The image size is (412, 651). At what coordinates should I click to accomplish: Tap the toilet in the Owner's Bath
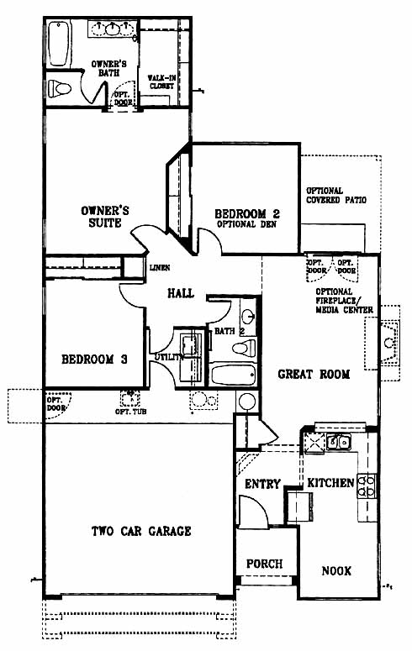pos(60,88)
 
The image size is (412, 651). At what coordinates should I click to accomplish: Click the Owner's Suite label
pos(105,217)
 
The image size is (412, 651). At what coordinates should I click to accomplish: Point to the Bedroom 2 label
pos(247,214)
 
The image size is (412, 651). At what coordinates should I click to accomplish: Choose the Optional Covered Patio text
pos(336,196)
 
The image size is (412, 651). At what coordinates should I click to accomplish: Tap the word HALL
pos(181,293)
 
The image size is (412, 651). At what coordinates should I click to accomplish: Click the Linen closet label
pos(160,268)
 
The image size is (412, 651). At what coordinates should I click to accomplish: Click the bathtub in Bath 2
pos(233,374)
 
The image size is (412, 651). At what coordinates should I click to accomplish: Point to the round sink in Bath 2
pos(248,318)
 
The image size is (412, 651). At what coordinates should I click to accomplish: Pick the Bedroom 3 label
pos(94,360)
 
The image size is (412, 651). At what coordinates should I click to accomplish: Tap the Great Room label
pos(314,374)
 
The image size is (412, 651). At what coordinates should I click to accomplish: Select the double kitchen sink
pos(339,442)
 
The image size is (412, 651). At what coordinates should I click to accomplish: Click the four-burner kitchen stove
pos(367,486)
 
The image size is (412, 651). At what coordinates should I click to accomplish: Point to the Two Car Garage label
pos(141,531)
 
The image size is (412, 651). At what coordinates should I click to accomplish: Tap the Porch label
pos(264,564)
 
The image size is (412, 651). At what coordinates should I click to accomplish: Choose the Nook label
pos(336,571)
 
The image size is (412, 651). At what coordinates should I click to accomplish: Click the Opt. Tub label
pos(130,412)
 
